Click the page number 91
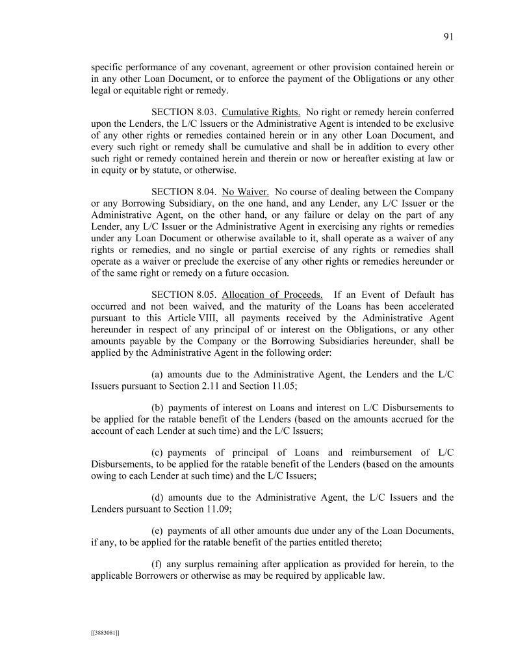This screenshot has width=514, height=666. tap(448, 37)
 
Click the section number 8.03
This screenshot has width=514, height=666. tap(205, 111)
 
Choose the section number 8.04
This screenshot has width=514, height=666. tap(205, 192)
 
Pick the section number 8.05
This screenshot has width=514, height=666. tap(205, 295)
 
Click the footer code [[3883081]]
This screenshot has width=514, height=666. tap(105, 632)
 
